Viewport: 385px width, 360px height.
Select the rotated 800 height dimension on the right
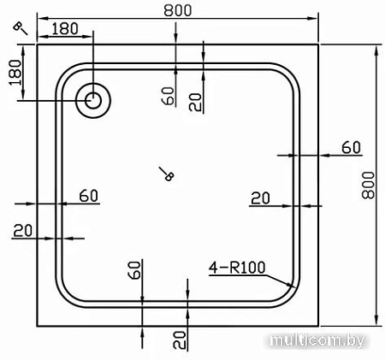(369, 183)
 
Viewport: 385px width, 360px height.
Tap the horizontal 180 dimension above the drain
(65, 29)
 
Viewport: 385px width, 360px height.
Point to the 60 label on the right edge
(351, 147)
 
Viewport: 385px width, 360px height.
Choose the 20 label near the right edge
(260, 198)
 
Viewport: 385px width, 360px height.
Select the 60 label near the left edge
(88, 195)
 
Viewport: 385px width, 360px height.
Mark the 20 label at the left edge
(23, 228)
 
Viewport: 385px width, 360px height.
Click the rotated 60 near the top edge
(168, 93)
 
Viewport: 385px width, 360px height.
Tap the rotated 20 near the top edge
(195, 102)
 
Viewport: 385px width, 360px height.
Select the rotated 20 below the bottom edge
(179, 339)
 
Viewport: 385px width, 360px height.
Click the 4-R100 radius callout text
(237, 267)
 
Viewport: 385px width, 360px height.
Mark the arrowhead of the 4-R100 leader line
(295, 286)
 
